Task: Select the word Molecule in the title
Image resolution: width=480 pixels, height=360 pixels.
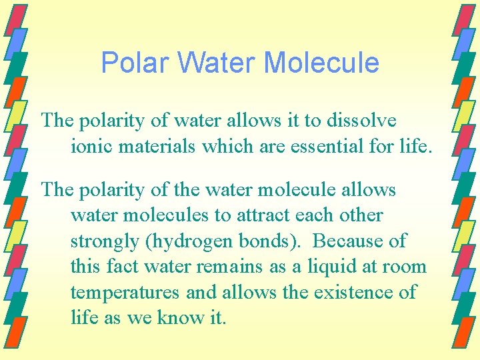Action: (322, 63)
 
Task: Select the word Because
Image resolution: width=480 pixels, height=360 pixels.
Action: (347, 241)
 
